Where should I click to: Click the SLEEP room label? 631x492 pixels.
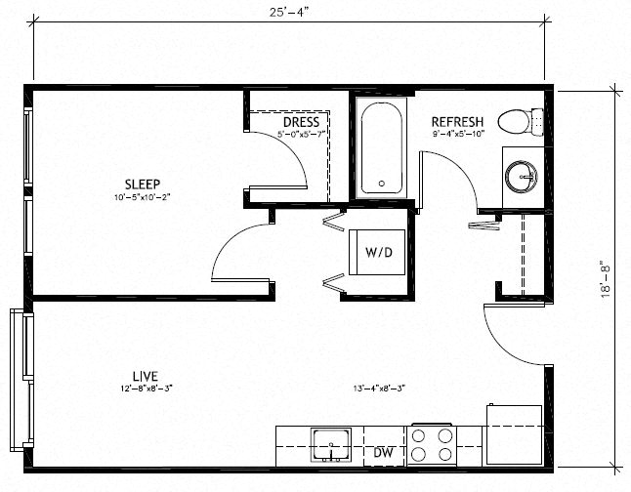pos(142,183)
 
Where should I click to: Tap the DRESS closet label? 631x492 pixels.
pos(301,122)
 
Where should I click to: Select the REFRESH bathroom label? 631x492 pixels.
pos(458,122)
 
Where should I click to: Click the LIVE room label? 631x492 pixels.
pos(146,376)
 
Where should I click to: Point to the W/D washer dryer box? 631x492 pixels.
pos(379,253)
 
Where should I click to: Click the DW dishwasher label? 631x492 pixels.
pos(383,452)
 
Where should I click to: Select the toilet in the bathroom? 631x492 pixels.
pos(518,122)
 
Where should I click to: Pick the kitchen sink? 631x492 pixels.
pos(333,444)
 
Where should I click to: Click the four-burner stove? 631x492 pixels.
pos(432,445)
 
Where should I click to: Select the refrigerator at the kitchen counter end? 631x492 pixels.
pos(514,434)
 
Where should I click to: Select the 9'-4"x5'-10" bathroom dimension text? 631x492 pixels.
pos(458,135)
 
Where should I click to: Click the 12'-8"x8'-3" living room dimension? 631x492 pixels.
pos(146,389)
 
